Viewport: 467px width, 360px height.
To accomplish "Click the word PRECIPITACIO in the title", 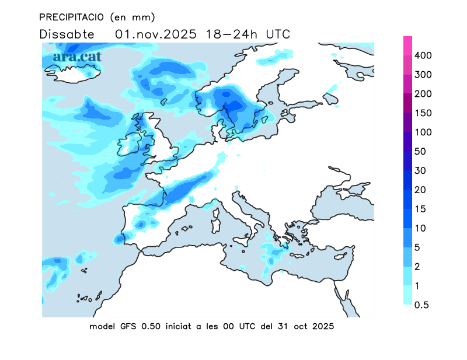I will pos(72,17).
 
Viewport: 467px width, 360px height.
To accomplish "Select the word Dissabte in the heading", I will pos(67,34).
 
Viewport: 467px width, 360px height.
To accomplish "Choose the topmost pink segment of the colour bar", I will pos(407,46).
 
